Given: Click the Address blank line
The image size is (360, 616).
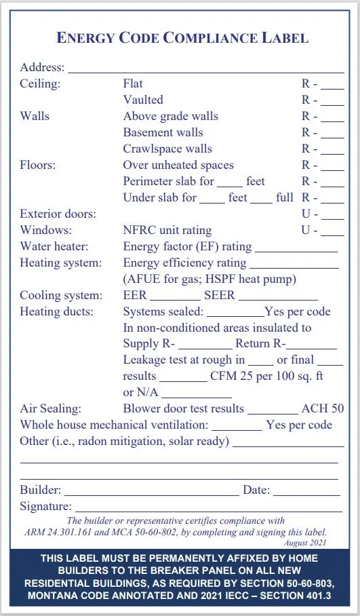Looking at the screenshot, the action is click(205, 70).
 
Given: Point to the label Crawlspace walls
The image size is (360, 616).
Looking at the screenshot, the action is click(167, 149).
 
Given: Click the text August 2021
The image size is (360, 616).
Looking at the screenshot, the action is click(306, 543).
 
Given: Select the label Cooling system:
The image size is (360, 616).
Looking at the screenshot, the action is click(61, 295).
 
